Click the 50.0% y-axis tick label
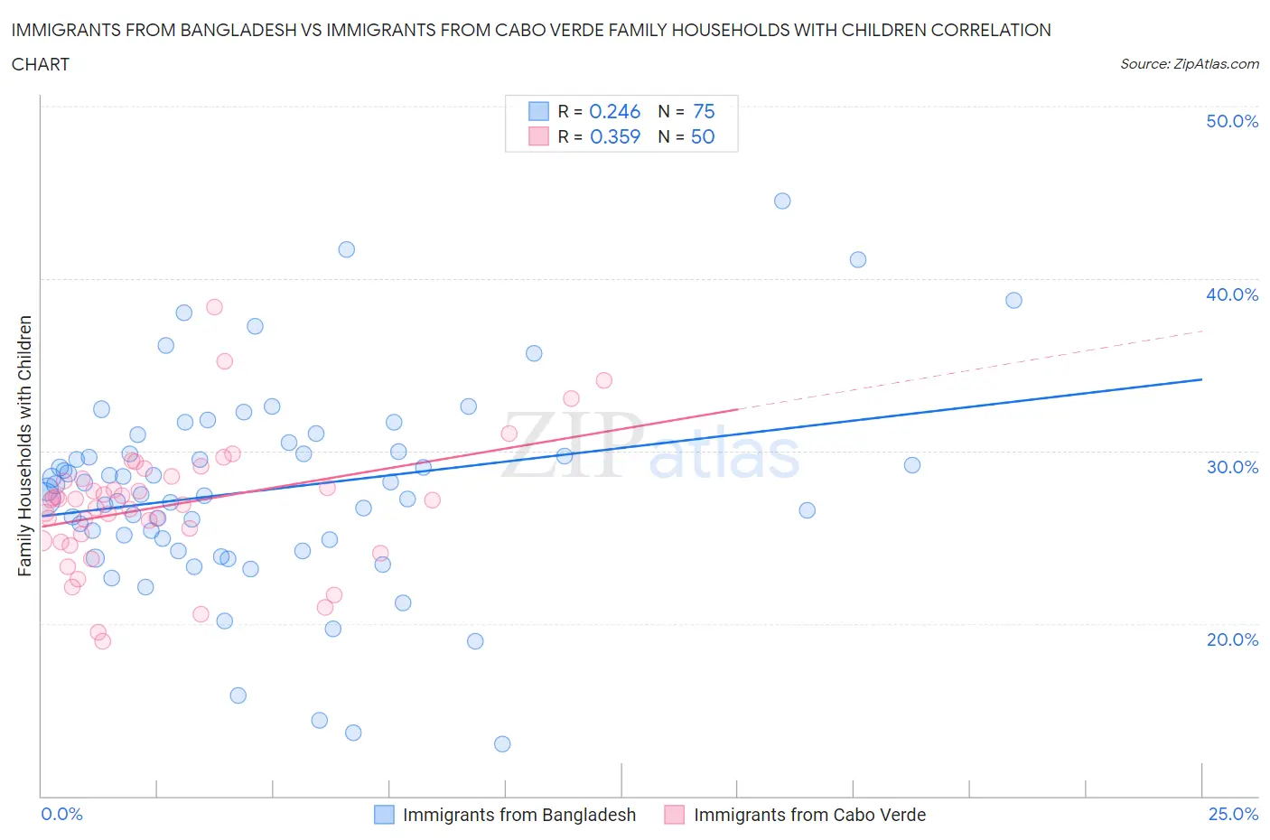tap(1231, 121)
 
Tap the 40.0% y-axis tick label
tap(1231, 294)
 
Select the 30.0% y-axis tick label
tap(1231, 467)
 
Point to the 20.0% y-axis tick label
tap(1231, 639)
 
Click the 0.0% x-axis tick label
tap(61, 814)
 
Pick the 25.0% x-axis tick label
tap(1233, 814)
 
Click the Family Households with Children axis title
tap(25, 445)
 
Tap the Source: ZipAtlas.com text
tap(1189, 63)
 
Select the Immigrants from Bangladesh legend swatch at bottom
tap(384, 815)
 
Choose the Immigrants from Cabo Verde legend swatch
tap(674, 815)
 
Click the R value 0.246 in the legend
tap(614, 111)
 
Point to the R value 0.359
tap(614, 136)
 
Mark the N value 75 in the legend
tap(704, 111)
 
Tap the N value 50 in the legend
tap(702, 136)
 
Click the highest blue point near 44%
tap(782, 201)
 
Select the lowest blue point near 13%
tap(502, 744)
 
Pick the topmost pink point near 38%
tap(214, 307)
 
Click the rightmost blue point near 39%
tap(1013, 300)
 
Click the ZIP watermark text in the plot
tap(571, 445)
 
